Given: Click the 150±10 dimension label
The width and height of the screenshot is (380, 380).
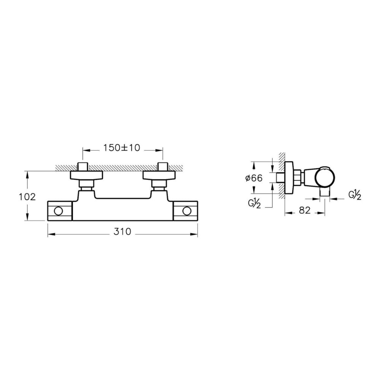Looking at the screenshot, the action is pyautogui.click(x=122, y=148).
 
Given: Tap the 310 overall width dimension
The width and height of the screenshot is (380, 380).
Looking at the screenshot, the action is pyautogui.click(x=122, y=232).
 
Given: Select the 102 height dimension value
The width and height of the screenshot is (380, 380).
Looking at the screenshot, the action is pyautogui.click(x=27, y=197).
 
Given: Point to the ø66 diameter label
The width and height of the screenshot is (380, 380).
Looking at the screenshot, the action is pyautogui.click(x=254, y=178).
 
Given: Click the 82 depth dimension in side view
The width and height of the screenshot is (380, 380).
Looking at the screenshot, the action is pyautogui.click(x=305, y=211).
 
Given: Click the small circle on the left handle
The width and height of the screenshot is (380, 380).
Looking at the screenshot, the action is pyautogui.click(x=59, y=211).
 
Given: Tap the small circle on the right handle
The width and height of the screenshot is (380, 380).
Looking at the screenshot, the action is pyautogui.click(x=187, y=211).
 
